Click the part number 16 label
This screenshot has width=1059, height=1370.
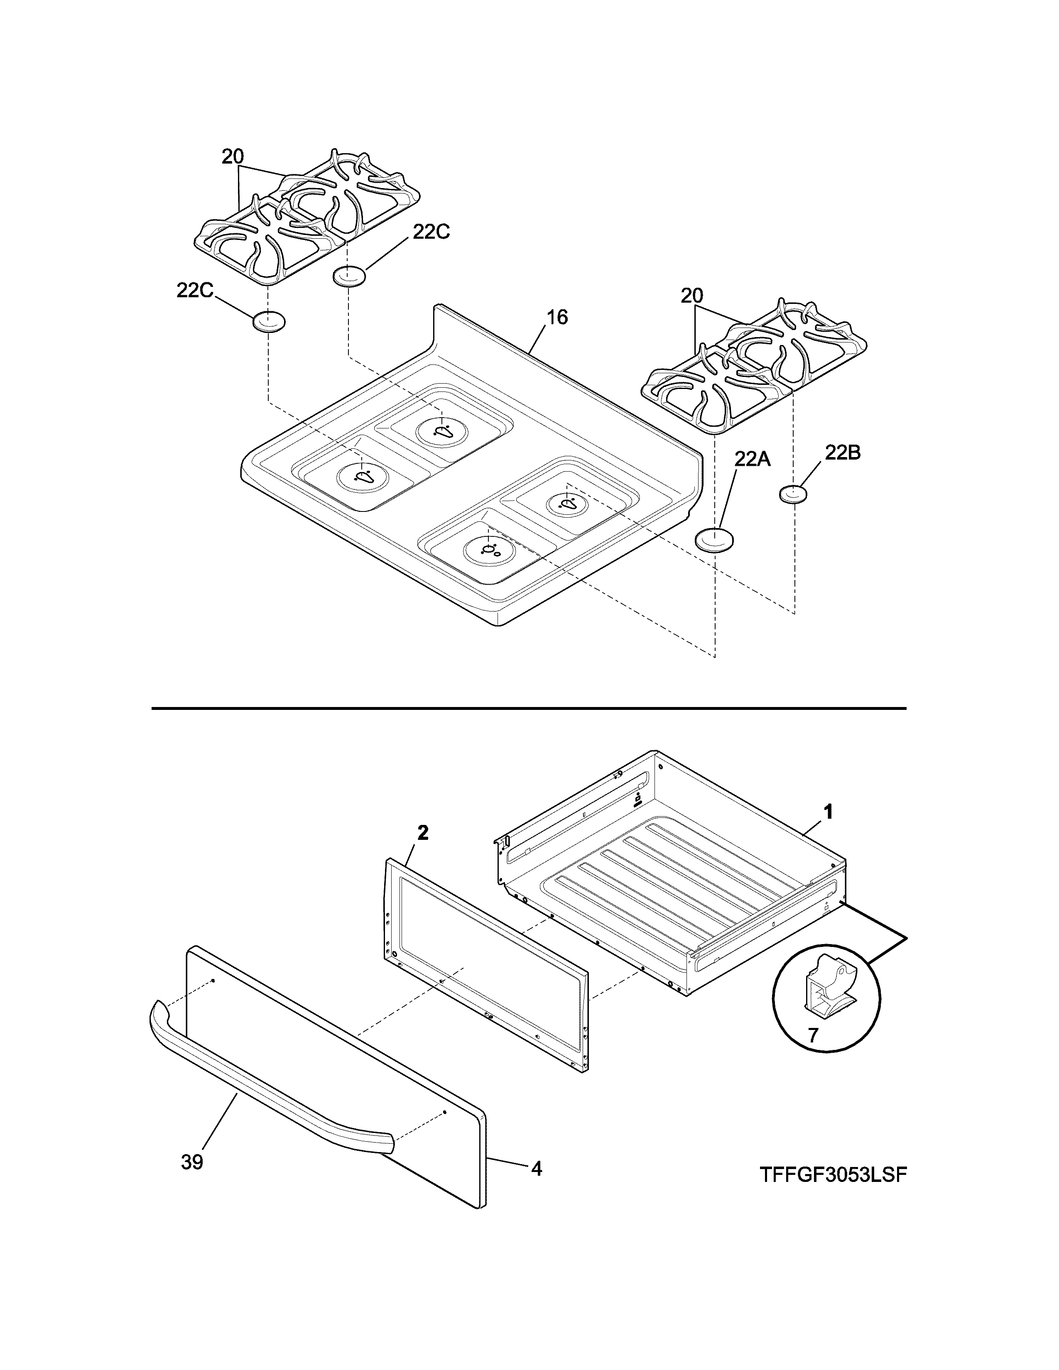pyautogui.click(x=556, y=318)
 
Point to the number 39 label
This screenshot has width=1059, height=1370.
pyautogui.click(x=192, y=1162)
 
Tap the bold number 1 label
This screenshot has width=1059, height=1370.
pyautogui.click(x=828, y=812)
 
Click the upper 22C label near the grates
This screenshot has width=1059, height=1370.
pyautogui.click(x=431, y=232)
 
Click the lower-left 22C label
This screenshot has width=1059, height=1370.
pyautogui.click(x=195, y=291)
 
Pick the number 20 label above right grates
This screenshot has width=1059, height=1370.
pyautogui.click(x=692, y=296)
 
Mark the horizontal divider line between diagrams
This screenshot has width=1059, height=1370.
pyautogui.click(x=529, y=708)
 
